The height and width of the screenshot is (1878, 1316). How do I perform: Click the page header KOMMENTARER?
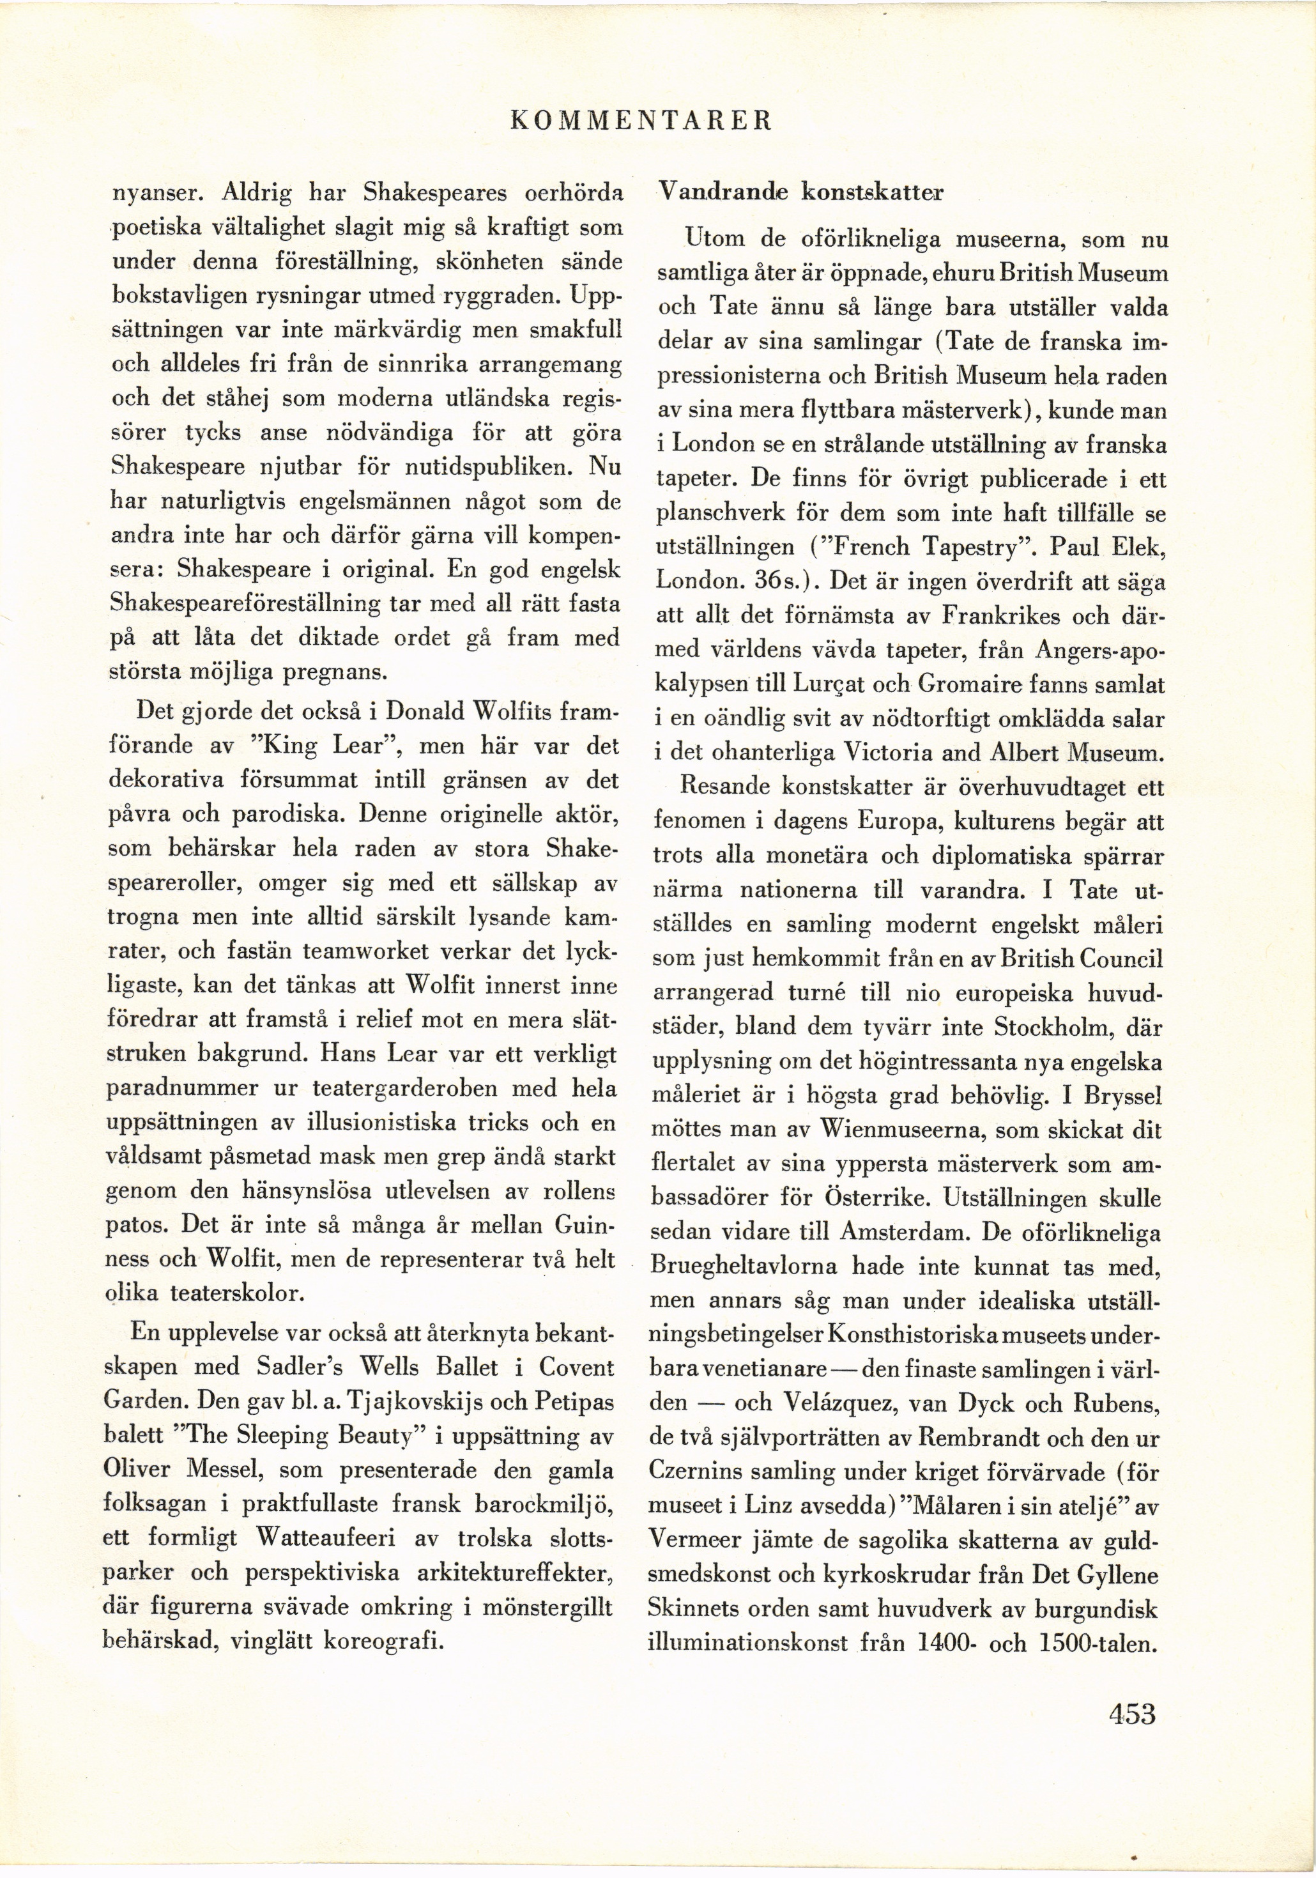click(x=639, y=121)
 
